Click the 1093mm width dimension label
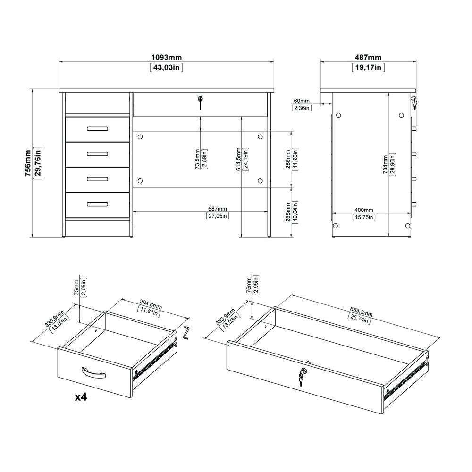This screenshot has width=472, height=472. click(x=166, y=58)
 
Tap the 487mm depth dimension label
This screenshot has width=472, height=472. click(x=369, y=58)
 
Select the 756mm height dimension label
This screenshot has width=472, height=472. click(x=28, y=162)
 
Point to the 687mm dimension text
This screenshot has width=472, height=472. click(x=217, y=209)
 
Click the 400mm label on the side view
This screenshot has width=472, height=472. click(x=363, y=210)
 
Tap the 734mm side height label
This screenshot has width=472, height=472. click(x=385, y=165)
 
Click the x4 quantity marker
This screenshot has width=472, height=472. click(x=81, y=397)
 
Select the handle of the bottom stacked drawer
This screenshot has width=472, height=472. click(x=97, y=204)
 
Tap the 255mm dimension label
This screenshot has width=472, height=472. click(x=288, y=212)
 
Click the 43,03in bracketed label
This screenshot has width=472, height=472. click(x=166, y=67)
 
